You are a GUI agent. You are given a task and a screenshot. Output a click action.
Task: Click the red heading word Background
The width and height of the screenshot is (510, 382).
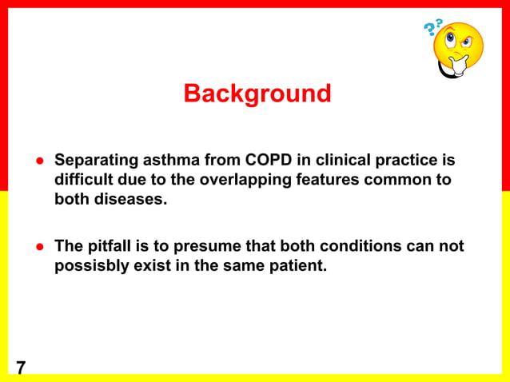pos(257,94)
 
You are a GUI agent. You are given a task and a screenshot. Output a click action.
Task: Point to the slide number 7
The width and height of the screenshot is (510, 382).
pos(20,368)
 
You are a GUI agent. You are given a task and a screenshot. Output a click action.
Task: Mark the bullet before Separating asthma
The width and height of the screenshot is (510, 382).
pos(38,161)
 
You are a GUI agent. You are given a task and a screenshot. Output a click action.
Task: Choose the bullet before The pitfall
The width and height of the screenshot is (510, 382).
pos(38,246)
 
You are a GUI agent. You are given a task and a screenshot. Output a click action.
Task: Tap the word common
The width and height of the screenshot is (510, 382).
pos(400,180)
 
